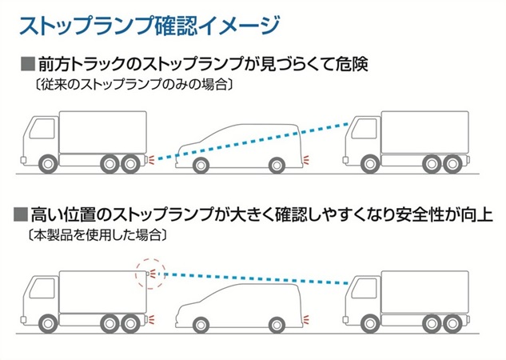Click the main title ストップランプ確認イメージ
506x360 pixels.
[x=149, y=26]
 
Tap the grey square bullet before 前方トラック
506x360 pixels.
[x=28, y=64]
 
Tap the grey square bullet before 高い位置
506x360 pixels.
[x=21, y=214]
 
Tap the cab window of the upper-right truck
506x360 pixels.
[x=365, y=128]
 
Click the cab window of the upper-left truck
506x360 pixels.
[x=42, y=128]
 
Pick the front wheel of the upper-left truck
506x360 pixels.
[x=49, y=164]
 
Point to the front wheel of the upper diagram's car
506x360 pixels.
[x=201, y=166]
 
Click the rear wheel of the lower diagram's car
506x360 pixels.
[x=277, y=325]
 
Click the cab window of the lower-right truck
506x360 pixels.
[x=365, y=288]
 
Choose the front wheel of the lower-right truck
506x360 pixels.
[x=370, y=323]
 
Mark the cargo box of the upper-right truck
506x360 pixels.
[x=425, y=132]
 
